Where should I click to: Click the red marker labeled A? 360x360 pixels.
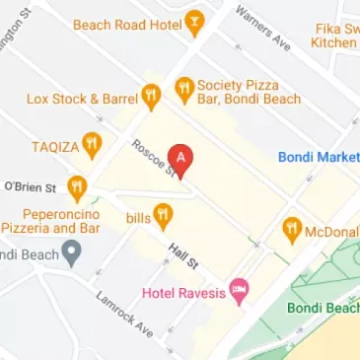tap(180, 158)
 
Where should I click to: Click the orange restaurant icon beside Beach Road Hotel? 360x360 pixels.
tap(195, 21)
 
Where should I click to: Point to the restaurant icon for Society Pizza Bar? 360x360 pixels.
tap(183, 90)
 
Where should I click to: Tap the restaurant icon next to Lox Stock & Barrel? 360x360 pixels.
tap(150, 97)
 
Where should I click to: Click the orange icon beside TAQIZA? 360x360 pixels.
tap(93, 145)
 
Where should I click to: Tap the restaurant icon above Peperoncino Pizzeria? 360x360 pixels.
tap(77, 187)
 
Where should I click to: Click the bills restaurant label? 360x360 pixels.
tap(136, 215)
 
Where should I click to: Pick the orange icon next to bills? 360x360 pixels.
tap(164, 215)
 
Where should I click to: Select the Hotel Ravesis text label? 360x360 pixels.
tap(183, 292)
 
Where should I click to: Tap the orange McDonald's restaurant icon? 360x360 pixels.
tap(292, 231)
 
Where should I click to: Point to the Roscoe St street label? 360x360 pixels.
tap(155, 158)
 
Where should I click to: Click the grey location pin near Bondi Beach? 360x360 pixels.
tap(70, 254)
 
